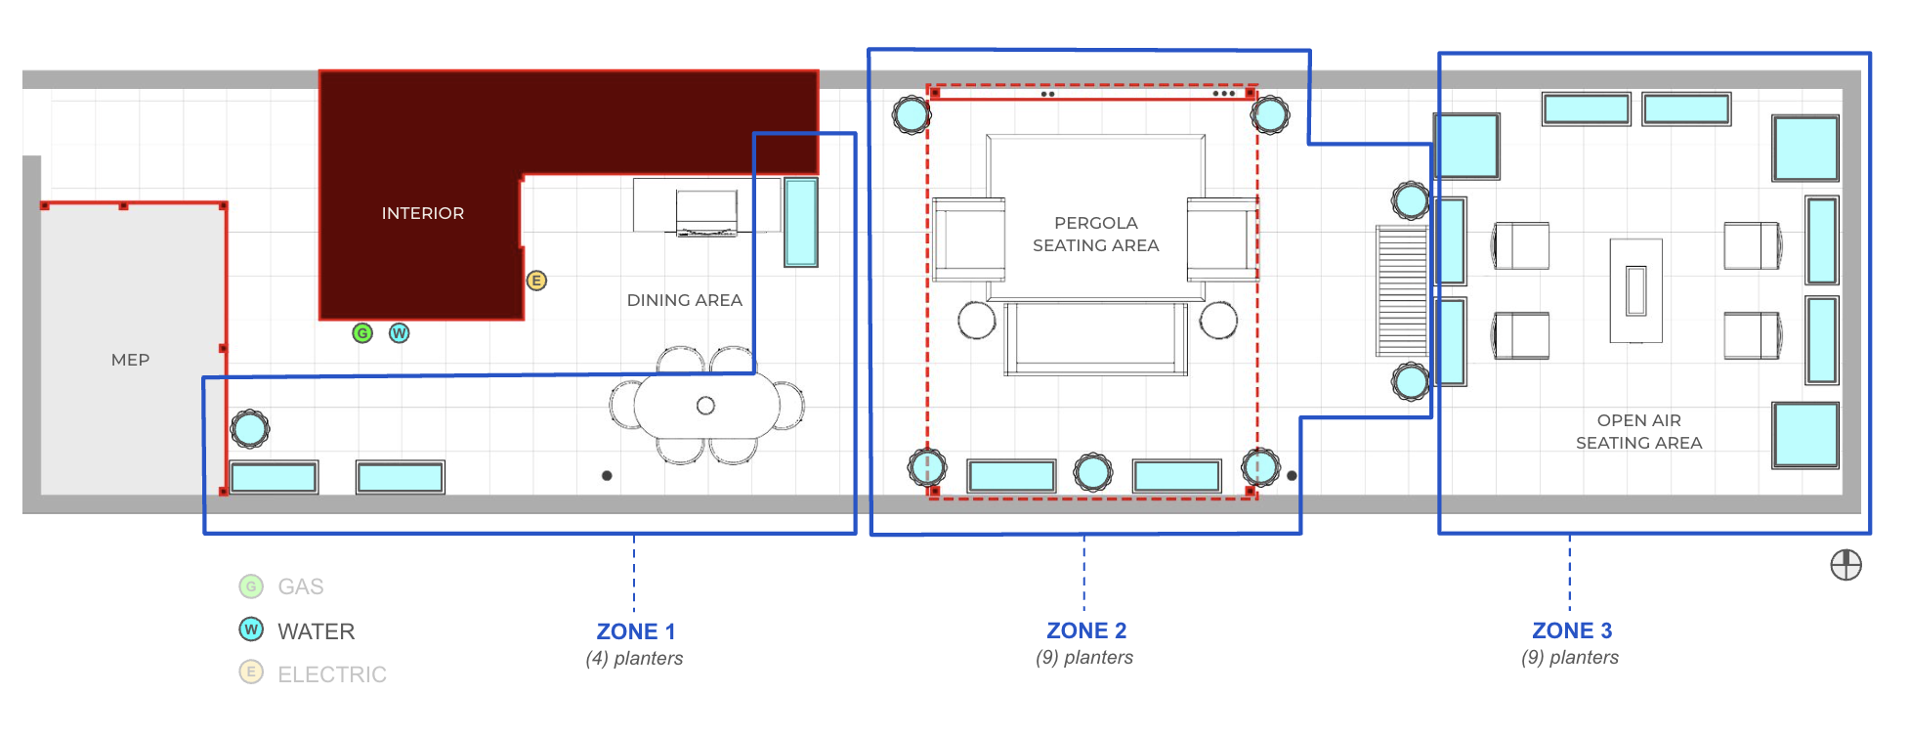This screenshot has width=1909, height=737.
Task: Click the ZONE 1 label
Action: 636,631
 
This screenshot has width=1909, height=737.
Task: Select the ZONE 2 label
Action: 1086,630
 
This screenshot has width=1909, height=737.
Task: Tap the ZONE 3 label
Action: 1572,630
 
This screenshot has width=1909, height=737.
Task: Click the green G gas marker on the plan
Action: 362,333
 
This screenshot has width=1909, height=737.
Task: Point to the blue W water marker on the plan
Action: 400,333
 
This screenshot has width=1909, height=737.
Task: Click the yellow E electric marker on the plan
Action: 536,281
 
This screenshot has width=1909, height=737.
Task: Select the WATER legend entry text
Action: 317,631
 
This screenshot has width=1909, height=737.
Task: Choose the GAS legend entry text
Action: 301,586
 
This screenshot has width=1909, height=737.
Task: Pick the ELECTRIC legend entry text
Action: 332,674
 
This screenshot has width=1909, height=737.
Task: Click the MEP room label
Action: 130,360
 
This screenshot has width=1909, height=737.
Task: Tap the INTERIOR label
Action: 423,213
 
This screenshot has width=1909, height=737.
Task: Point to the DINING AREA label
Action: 685,300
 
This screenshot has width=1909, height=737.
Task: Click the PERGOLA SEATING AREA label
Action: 1096,235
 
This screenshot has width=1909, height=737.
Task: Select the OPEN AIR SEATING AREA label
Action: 1639,432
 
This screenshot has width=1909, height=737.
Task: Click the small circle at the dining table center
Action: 705,406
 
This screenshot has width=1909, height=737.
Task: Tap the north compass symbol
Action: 1845,565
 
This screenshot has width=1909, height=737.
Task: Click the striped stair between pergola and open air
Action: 1402,291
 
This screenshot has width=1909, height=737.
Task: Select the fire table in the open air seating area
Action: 1636,291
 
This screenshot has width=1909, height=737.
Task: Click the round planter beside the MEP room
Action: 250,428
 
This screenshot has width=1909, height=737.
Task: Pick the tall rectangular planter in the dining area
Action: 801,222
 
